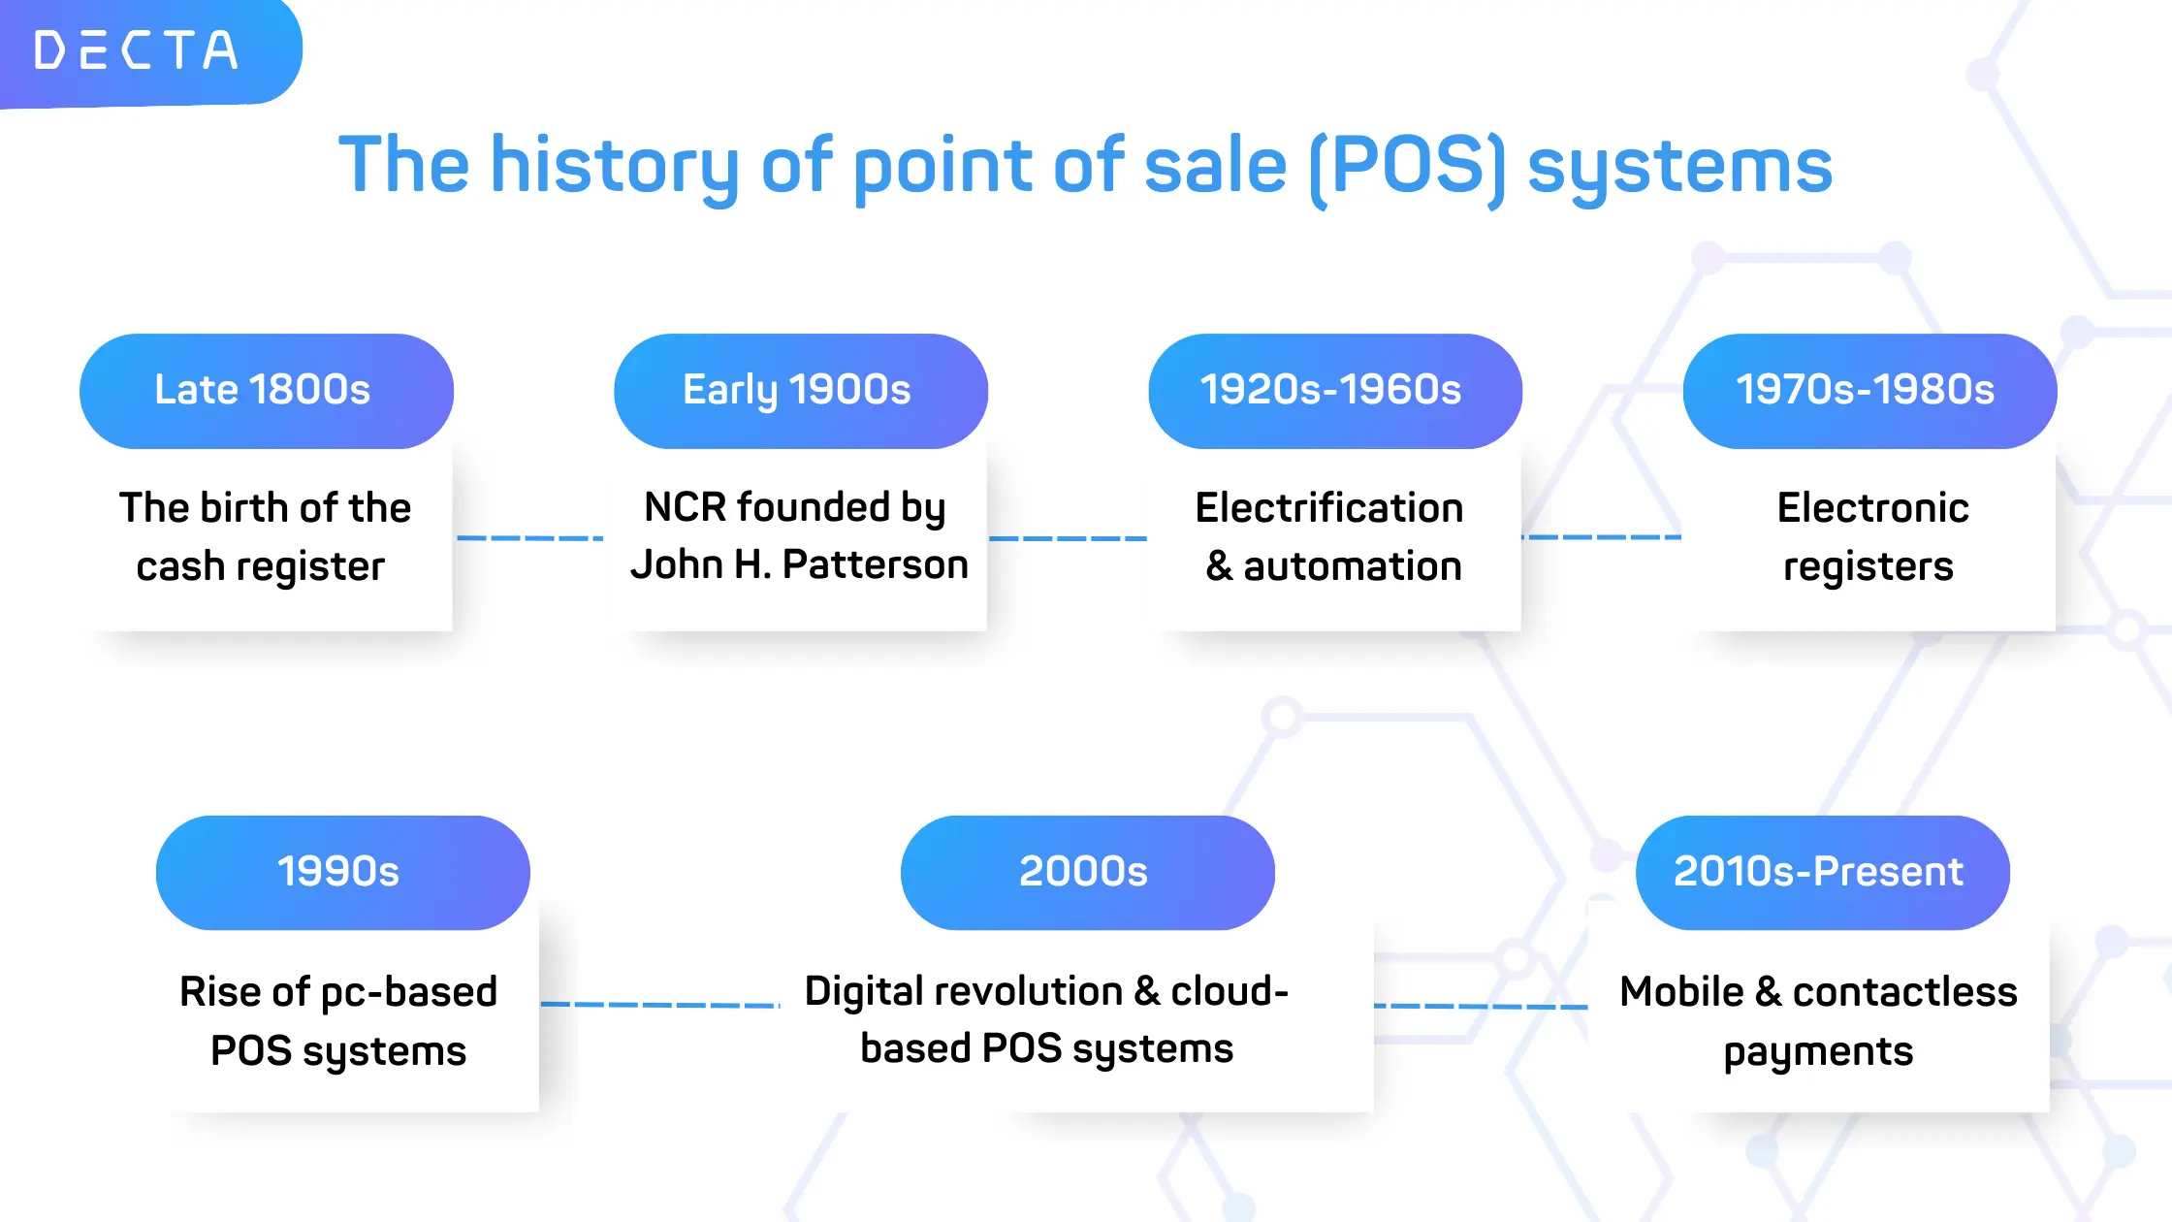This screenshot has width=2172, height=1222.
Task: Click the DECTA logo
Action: coord(136,50)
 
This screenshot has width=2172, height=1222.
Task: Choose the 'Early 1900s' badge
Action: coord(801,391)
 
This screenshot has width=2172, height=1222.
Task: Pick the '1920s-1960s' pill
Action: coord(1335,391)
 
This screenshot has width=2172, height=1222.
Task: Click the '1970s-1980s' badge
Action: coord(1869,391)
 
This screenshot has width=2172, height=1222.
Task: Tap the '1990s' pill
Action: coord(342,873)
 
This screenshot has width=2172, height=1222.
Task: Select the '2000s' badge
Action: coord(1087,873)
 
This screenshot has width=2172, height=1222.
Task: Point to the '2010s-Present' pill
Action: coord(1823,873)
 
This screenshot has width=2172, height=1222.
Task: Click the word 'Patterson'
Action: coord(875,564)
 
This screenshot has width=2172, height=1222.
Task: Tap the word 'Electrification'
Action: coord(1329,507)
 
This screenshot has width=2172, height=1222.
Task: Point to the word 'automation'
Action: coord(1353,566)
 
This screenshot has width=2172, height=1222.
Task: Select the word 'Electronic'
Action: coord(1873,507)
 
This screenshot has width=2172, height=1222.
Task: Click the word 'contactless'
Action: coord(1905,991)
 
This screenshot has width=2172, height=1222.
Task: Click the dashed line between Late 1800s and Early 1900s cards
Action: coord(529,537)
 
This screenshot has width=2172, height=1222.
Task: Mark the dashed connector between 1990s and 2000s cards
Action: coord(660,1005)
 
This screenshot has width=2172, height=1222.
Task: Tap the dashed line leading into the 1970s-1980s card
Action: coord(1602,536)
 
